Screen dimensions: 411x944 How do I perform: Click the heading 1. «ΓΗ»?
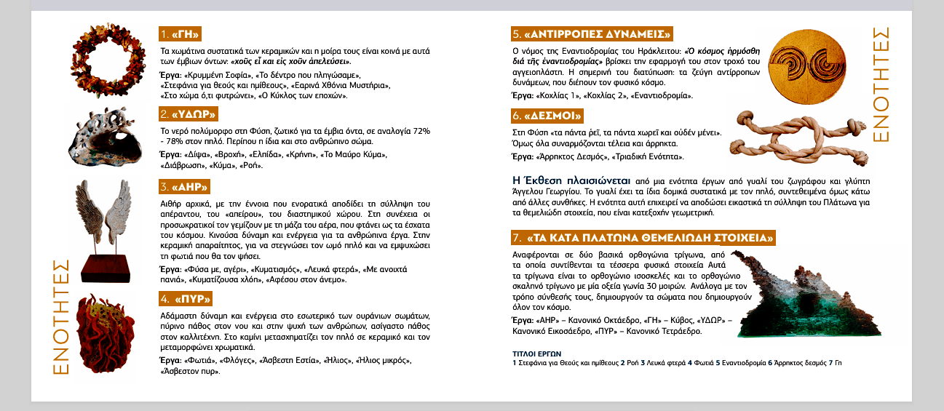coord(180,34)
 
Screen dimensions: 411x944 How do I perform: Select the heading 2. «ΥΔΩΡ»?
coord(188,114)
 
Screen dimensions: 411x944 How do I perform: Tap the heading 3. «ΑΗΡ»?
coord(184,186)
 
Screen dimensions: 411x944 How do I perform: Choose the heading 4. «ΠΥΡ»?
coord(185,298)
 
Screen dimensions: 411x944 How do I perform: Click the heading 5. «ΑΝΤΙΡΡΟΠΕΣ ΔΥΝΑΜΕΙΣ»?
coord(592,33)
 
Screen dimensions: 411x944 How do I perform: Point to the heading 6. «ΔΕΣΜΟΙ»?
coord(547,116)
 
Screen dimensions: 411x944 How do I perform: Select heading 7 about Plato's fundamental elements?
coord(644,237)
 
